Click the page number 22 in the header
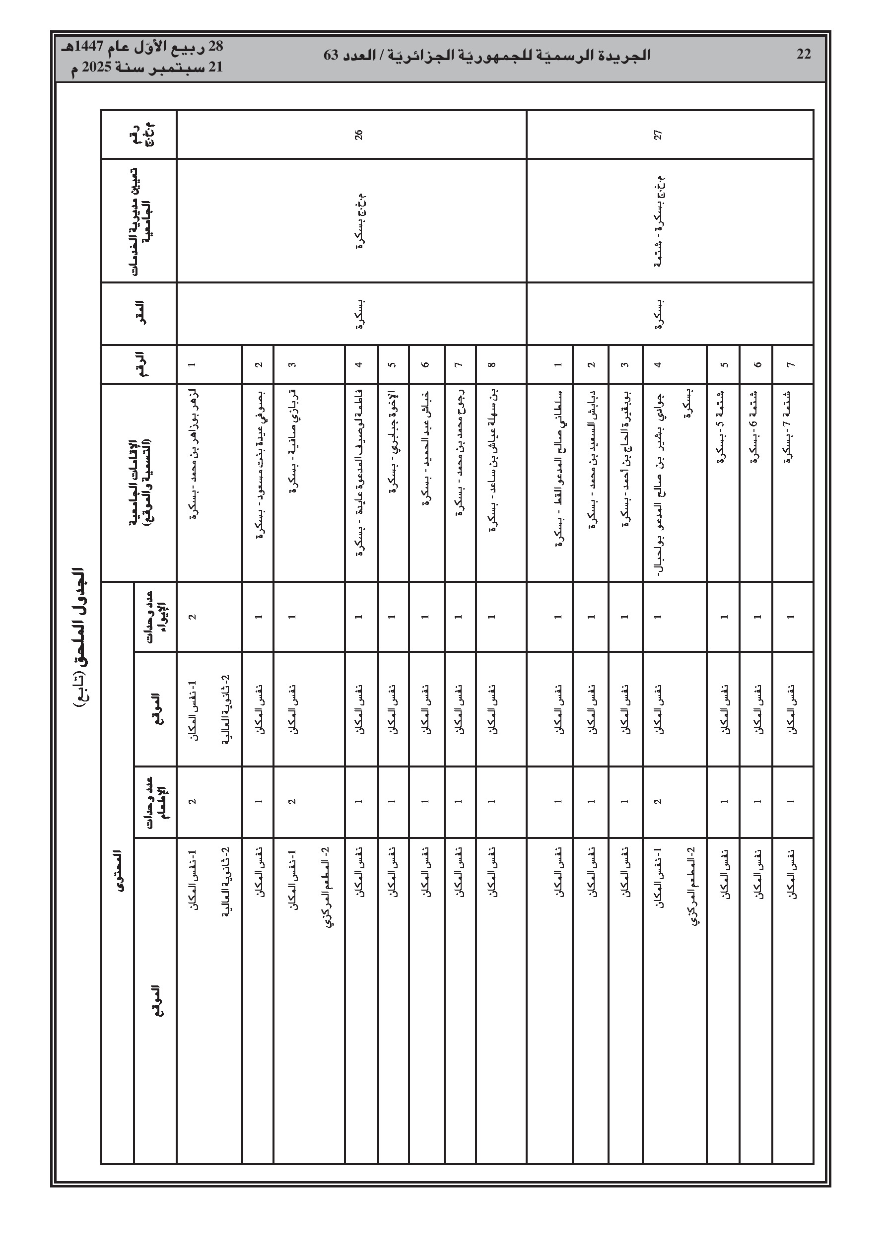point(804,55)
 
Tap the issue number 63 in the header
point(333,55)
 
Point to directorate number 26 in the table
point(358,135)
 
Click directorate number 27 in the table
point(658,135)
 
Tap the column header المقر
point(139,314)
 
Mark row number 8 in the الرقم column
point(492,364)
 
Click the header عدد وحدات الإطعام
point(155,802)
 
